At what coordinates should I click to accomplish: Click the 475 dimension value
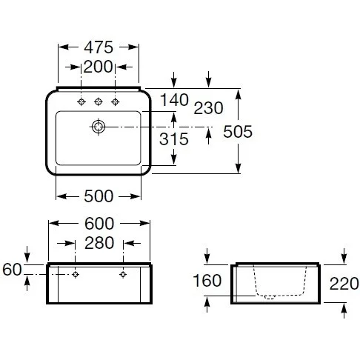click(99, 47)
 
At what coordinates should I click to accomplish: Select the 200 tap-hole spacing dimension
click(98, 67)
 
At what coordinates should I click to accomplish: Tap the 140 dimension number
click(174, 100)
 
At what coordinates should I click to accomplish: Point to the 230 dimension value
click(208, 108)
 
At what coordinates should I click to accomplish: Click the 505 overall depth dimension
click(238, 131)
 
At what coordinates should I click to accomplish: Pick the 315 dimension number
click(174, 139)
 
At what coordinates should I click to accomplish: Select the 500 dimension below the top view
click(99, 196)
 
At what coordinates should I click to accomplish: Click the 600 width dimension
click(99, 224)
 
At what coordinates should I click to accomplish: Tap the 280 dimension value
click(99, 243)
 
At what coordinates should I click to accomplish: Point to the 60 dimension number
click(12, 269)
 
